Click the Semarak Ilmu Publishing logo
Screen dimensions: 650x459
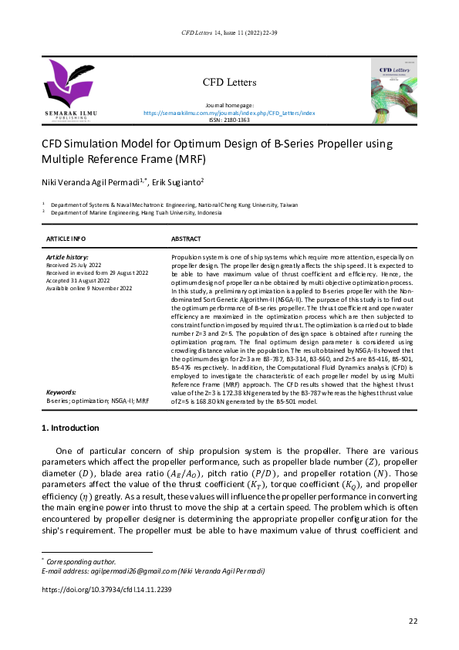pos(67,91)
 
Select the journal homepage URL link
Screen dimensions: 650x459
pos(229,113)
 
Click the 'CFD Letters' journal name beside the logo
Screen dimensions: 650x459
pos(229,83)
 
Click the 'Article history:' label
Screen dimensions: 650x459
pos(67,256)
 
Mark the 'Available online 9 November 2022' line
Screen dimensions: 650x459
pos(89,287)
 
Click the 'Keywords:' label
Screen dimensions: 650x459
pos(61,392)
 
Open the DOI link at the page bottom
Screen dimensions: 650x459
pos(106,589)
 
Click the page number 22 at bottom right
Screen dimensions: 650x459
pos(412,621)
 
